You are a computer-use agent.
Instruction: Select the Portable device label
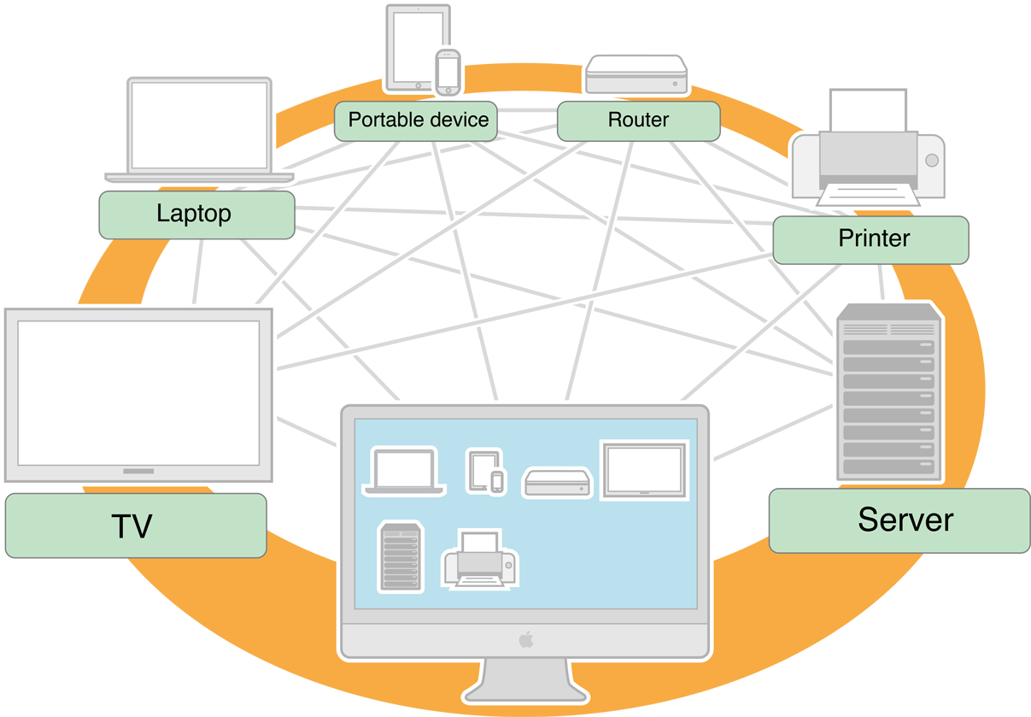point(418,120)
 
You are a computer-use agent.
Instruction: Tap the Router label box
point(638,120)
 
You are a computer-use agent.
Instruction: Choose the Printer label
point(870,239)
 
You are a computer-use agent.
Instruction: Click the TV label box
point(135,526)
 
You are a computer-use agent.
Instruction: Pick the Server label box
point(899,520)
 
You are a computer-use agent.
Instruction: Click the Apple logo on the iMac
point(525,639)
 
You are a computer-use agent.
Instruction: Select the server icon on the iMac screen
point(400,557)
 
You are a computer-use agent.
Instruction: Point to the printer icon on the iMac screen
point(481,559)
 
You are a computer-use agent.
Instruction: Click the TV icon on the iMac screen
point(644,469)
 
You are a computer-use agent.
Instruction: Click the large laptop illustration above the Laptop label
point(199,128)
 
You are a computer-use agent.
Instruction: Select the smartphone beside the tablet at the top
point(448,72)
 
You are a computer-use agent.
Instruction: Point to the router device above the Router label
point(636,75)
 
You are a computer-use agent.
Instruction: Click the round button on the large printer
point(931,160)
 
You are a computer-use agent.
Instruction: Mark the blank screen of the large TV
point(138,391)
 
